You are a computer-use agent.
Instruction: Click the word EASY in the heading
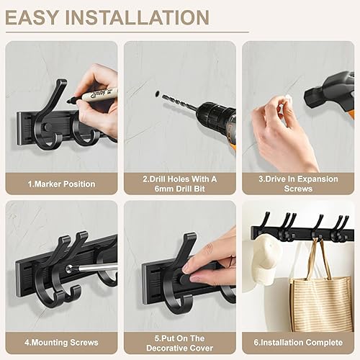[x=32, y=17]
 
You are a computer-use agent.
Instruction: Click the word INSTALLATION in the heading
[x=138, y=17]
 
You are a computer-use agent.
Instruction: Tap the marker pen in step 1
[x=93, y=96]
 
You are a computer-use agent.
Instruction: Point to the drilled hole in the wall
[x=157, y=93]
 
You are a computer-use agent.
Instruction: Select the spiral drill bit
[x=179, y=103]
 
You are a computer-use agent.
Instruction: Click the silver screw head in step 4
[x=70, y=269]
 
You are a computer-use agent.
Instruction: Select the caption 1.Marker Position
[x=61, y=184]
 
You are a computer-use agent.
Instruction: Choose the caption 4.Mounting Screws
[x=61, y=343]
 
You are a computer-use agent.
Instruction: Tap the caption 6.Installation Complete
[x=298, y=343]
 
